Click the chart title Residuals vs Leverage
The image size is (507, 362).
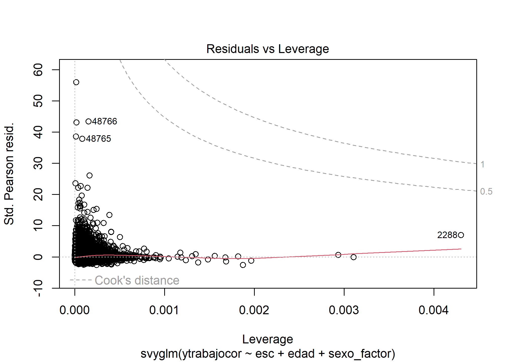click(x=268, y=49)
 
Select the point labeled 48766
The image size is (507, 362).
click(x=89, y=121)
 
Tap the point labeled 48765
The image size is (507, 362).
click(x=82, y=139)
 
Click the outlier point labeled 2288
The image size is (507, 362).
click(x=461, y=235)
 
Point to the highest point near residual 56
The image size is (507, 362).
click(x=76, y=82)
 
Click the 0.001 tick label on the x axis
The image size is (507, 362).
click(x=164, y=310)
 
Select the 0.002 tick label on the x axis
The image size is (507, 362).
click(x=254, y=310)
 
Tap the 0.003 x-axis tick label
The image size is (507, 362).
click(x=344, y=310)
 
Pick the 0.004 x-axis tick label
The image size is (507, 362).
click(x=434, y=310)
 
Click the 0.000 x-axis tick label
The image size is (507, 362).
click(x=74, y=310)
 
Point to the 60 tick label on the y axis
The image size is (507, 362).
click(x=38, y=70)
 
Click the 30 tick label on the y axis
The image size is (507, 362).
click(x=38, y=163)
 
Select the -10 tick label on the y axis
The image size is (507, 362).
click(x=38, y=288)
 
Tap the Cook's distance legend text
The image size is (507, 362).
click(x=137, y=280)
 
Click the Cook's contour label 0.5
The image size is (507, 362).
click(x=486, y=192)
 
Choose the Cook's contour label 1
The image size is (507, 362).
click(x=482, y=164)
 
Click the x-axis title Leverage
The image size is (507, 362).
click(x=268, y=339)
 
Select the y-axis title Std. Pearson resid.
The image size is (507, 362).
click(x=9, y=174)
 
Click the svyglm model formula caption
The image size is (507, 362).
click(x=268, y=354)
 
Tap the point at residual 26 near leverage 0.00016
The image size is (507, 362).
click(x=90, y=175)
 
